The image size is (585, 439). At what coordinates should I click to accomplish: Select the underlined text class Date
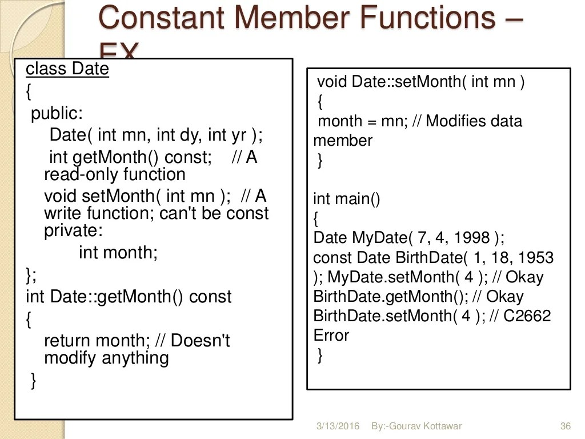67,69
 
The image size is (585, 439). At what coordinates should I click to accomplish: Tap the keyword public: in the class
57,113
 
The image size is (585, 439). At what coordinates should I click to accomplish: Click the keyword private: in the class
74,231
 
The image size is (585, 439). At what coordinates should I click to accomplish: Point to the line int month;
118,252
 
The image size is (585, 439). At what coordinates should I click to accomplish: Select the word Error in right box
331,336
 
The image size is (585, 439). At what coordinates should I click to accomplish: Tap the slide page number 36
566,426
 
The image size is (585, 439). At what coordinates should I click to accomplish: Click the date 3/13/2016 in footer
338,426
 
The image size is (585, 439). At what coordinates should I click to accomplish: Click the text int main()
347,199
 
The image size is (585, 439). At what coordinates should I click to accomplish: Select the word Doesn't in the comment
200,341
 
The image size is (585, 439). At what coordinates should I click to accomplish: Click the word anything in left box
135,358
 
